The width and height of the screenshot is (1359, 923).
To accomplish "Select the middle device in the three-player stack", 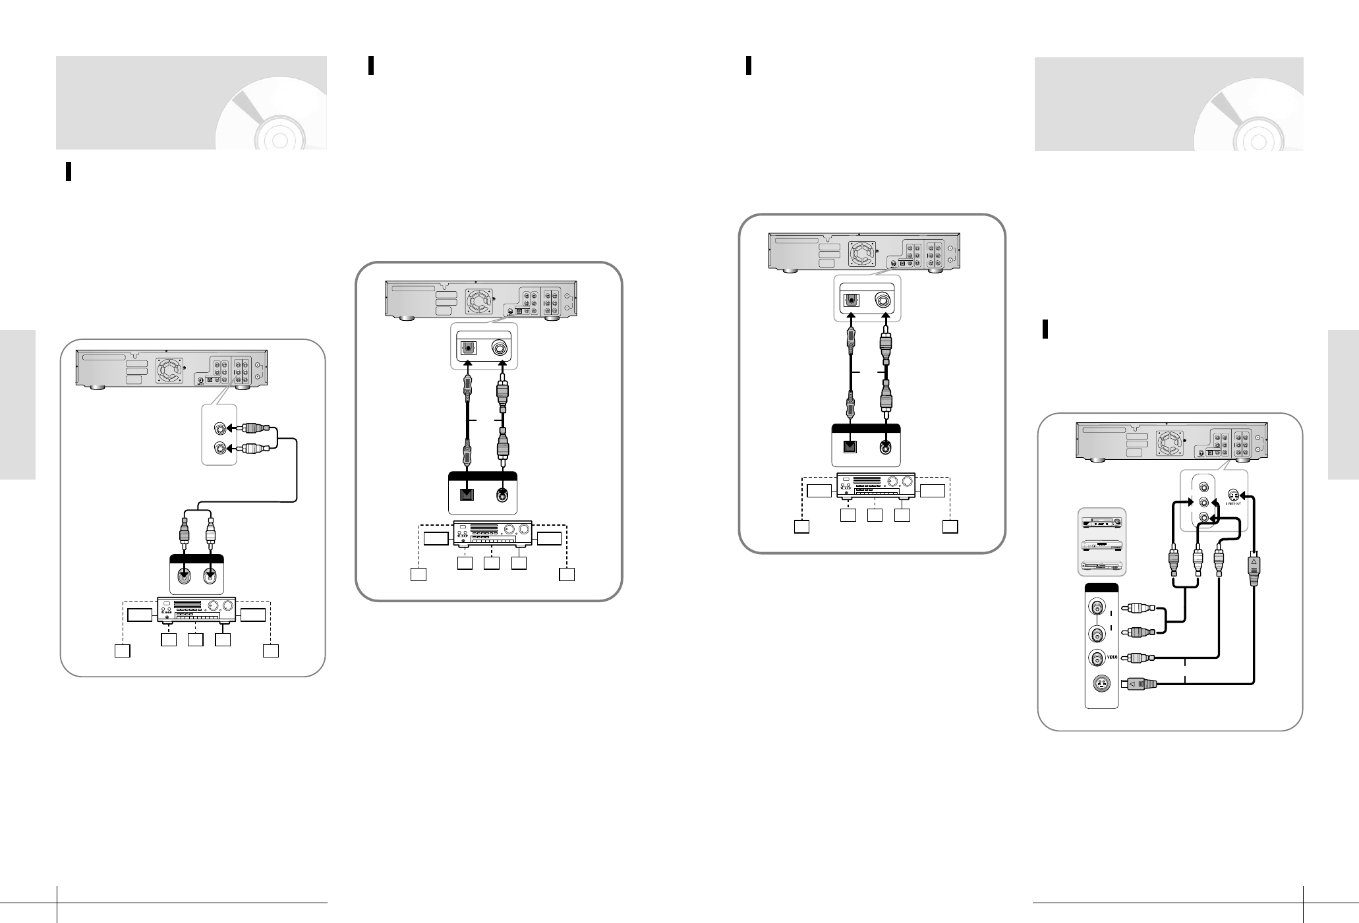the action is (x=1103, y=545).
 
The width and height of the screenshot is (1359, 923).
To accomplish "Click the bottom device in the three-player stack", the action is (x=1103, y=565).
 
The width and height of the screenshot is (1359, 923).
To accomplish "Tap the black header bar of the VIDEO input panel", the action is (x=1101, y=588).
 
